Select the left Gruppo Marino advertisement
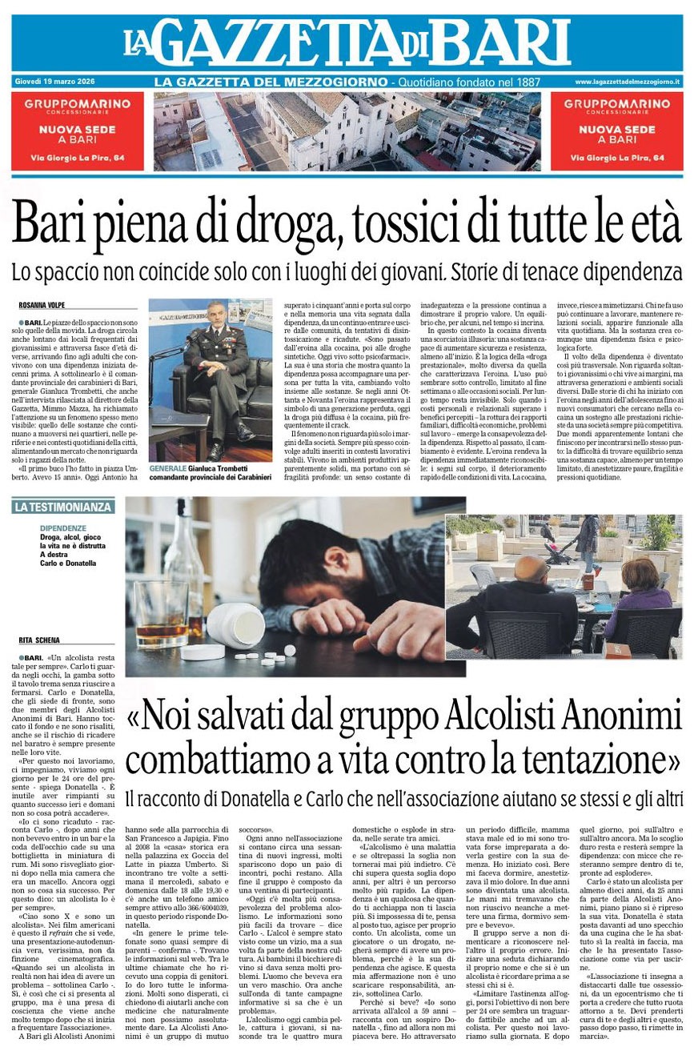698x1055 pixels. (78, 131)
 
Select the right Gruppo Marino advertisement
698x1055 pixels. (616, 131)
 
